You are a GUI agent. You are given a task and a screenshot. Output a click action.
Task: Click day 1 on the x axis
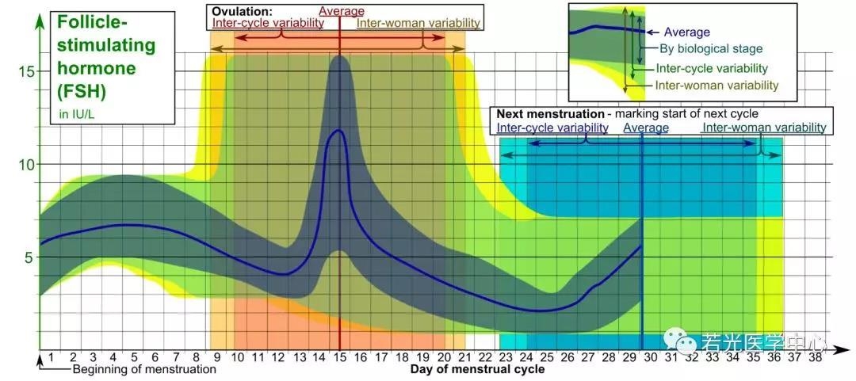(x=51, y=358)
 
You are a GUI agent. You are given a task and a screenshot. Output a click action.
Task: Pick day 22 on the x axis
(x=485, y=358)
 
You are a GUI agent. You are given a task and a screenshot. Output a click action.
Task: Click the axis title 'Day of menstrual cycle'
(x=477, y=370)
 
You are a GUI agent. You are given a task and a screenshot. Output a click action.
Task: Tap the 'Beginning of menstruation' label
(x=144, y=369)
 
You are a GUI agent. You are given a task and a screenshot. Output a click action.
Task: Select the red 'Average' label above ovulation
(x=342, y=11)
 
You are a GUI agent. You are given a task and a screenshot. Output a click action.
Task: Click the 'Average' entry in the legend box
(x=686, y=32)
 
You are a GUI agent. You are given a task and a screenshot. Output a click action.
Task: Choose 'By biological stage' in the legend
(x=712, y=49)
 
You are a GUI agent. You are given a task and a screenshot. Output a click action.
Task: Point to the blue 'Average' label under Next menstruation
(x=646, y=128)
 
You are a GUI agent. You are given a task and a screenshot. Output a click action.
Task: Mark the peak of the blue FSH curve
(x=339, y=130)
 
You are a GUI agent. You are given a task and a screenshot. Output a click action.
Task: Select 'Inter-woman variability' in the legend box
(x=716, y=86)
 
